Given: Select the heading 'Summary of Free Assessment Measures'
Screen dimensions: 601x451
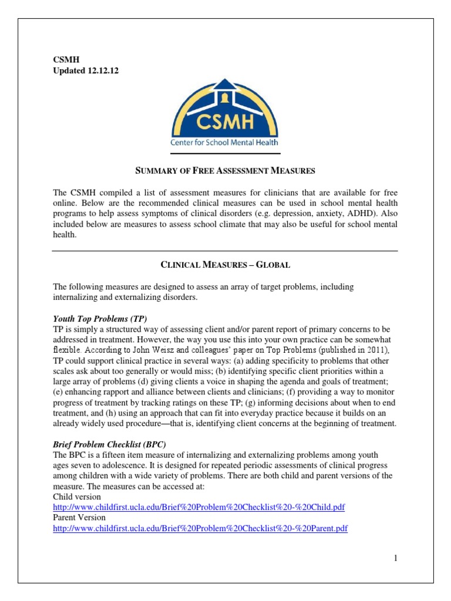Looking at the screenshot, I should (225, 171).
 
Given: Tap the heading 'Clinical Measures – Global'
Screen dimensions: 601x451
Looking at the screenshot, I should (225, 265).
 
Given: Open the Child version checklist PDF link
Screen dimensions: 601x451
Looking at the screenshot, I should (203, 507).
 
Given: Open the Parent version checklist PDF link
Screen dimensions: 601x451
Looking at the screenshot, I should (200, 528).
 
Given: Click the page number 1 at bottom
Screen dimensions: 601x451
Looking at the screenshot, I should (396, 558).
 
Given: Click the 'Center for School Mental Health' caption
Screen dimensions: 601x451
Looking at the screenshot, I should (225, 141).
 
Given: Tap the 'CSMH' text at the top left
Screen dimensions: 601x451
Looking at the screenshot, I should (64, 59).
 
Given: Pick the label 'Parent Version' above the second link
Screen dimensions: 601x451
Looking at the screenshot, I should (79, 518).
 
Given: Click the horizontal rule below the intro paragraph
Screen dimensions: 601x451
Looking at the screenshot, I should (225, 251).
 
